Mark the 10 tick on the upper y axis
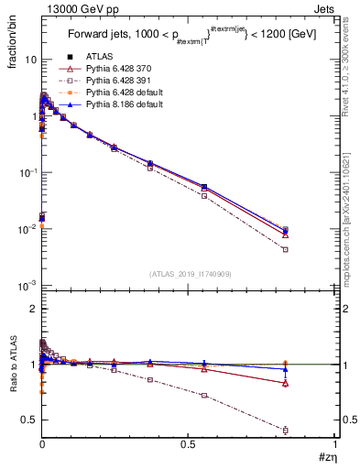click(x=30, y=60)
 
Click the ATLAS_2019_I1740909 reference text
click(x=189, y=274)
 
